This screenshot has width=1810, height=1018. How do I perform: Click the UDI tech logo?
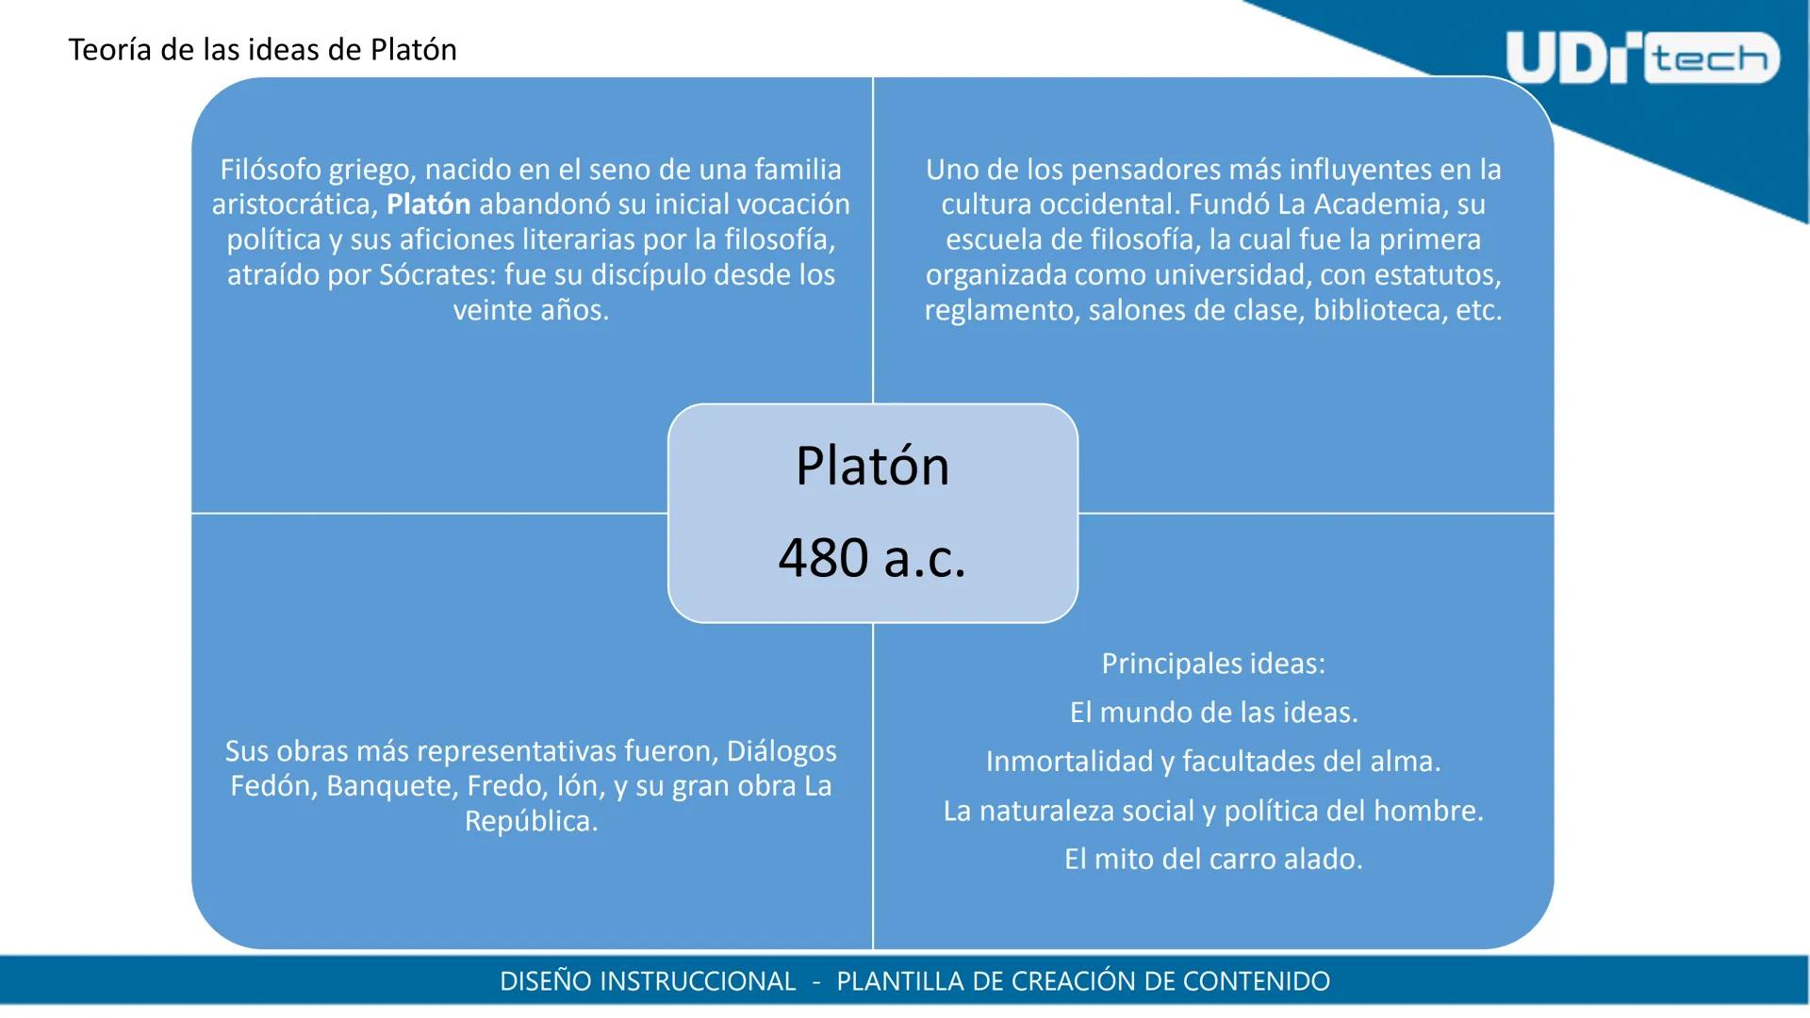click(x=1641, y=58)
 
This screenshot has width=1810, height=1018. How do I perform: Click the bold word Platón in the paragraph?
click(x=428, y=205)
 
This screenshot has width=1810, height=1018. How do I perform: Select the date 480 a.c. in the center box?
click(x=872, y=557)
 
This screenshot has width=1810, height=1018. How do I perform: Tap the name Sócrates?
click(x=436, y=275)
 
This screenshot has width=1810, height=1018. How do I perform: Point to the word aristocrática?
click(x=294, y=205)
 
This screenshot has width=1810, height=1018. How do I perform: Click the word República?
click(x=531, y=822)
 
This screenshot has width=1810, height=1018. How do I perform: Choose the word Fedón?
click(x=272, y=786)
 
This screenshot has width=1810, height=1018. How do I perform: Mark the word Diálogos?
click(x=782, y=751)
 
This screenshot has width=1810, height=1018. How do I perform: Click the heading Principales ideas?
click(x=1213, y=664)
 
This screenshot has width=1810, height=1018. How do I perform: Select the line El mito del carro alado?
click(x=1213, y=860)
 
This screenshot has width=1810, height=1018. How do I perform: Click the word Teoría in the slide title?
click(x=109, y=50)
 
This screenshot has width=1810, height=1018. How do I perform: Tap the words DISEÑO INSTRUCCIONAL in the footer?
click(x=648, y=981)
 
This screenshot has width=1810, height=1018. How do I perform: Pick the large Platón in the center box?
click(x=872, y=466)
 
